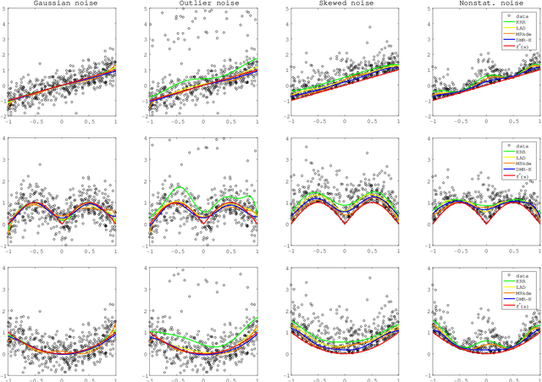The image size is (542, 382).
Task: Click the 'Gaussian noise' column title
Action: pyautogui.click(x=61, y=4)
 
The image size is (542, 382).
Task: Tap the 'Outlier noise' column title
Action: pyautogui.click(x=201, y=4)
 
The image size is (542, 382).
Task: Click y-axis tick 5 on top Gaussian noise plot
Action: pyautogui.click(x=4, y=9)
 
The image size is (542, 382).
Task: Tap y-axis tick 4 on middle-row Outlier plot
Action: pyautogui.click(x=145, y=138)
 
